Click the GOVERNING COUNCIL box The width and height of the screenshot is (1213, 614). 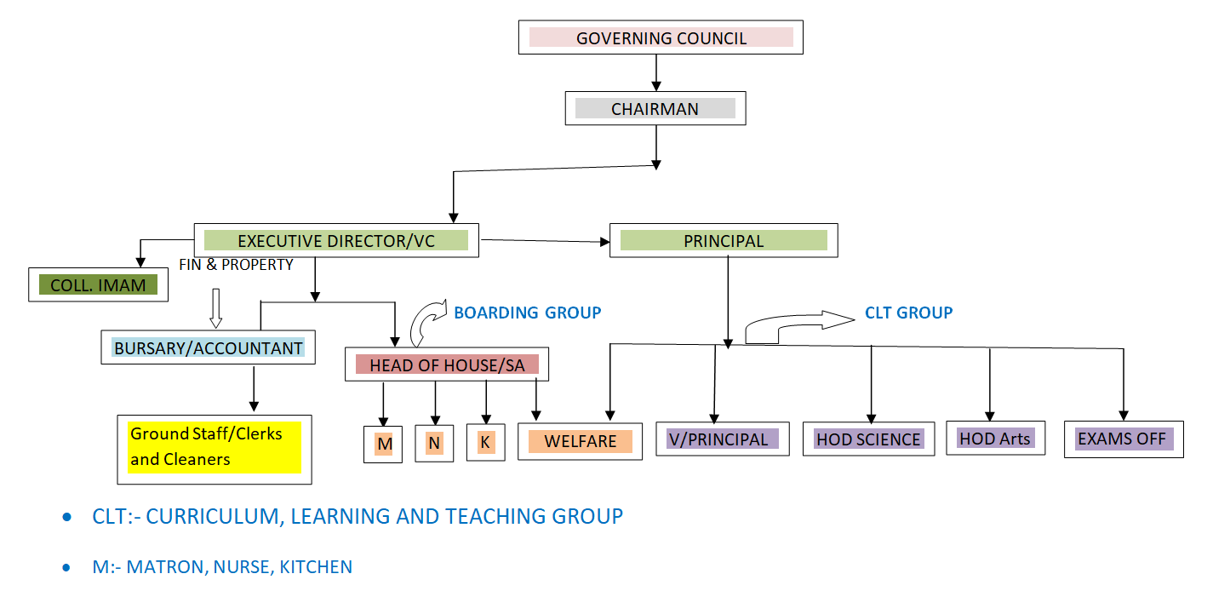pyautogui.click(x=661, y=37)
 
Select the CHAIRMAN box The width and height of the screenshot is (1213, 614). pyautogui.click(x=655, y=109)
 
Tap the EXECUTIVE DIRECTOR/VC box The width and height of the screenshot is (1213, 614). pyautogui.click(x=336, y=241)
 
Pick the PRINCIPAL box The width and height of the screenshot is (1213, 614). pyautogui.click(x=724, y=241)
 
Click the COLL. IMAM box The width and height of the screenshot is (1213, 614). pyautogui.click(x=98, y=285)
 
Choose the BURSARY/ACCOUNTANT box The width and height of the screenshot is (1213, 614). pyautogui.click(x=209, y=347)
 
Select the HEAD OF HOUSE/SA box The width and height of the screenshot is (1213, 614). pyautogui.click(x=447, y=365)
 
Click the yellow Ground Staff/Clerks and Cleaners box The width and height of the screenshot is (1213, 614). pyautogui.click(x=214, y=448)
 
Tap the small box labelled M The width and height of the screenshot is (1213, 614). pyautogui.click(x=383, y=444)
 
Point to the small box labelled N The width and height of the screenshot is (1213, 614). pyautogui.click(x=434, y=443)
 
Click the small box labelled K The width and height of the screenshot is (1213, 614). pyautogui.click(x=485, y=443)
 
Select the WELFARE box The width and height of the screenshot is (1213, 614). pyautogui.click(x=580, y=441)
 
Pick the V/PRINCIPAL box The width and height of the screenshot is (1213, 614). pyautogui.click(x=722, y=439)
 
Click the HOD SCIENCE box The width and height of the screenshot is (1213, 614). pyautogui.click(x=868, y=439)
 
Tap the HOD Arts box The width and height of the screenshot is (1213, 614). pyautogui.click(x=995, y=439)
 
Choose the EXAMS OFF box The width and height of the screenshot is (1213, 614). pyautogui.click(x=1124, y=439)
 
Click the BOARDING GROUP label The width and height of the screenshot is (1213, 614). pyautogui.click(x=527, y=313)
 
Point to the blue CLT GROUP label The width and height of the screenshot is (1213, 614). pyautogui.click(x=908, y=313)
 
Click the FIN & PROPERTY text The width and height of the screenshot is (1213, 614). pyautogui.click(x=236, y=265)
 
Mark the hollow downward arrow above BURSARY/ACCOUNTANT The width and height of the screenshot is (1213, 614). pyautogui.click(x=215, y=307)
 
